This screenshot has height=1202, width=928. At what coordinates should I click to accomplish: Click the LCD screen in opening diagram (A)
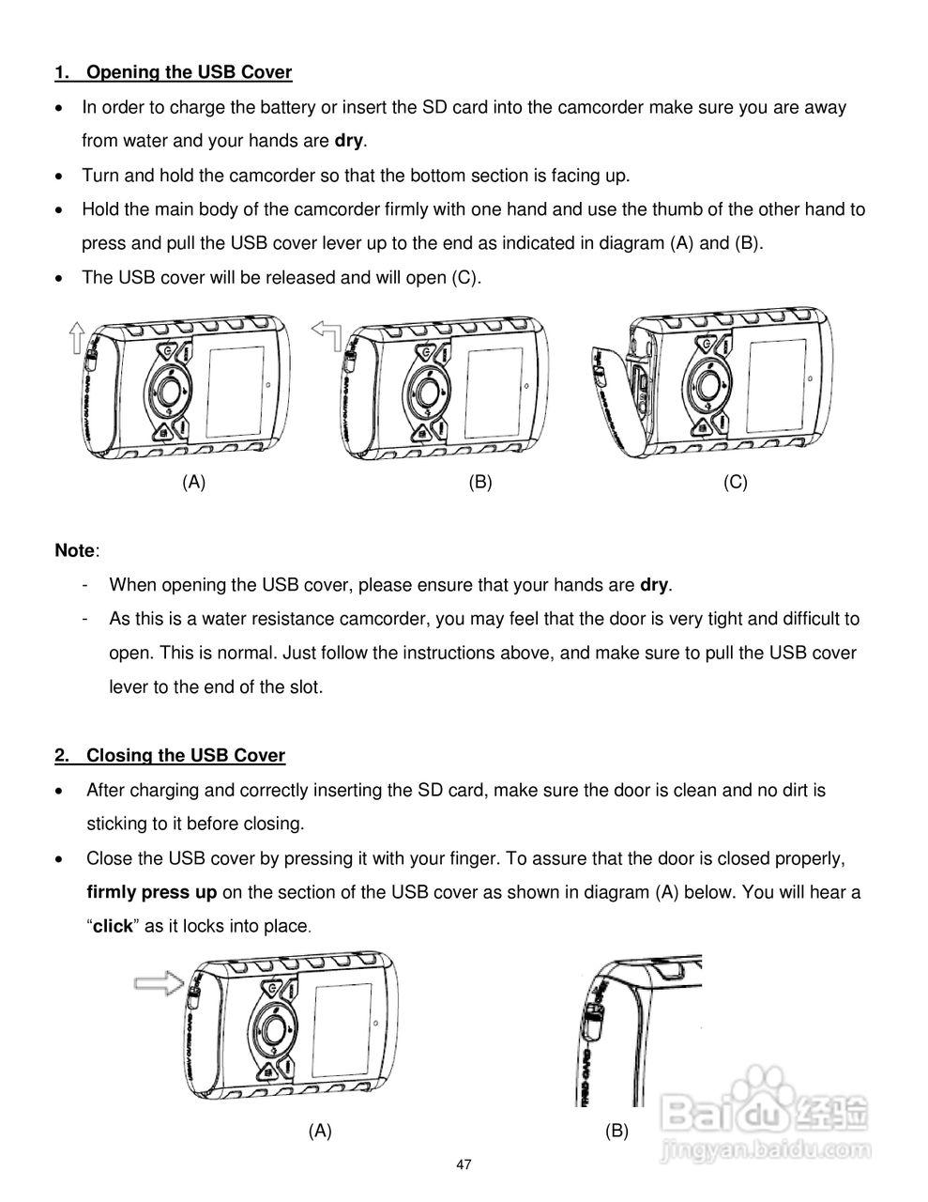tap(236, 387)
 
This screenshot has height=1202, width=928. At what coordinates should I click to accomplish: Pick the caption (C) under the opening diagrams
tap(736, 483)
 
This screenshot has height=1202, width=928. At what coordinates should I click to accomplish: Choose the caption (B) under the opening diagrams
tap(480, 483)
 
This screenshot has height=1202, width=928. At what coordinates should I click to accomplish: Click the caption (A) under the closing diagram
tap(320, 1132)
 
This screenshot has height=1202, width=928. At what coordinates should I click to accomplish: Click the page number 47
tap(464, 1165)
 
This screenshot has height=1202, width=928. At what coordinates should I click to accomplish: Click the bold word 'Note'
tap(75, 550)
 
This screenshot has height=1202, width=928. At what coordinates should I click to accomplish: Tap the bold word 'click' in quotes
tap(113, 926)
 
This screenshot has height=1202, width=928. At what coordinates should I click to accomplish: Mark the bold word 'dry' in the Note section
tap(654, 585)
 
